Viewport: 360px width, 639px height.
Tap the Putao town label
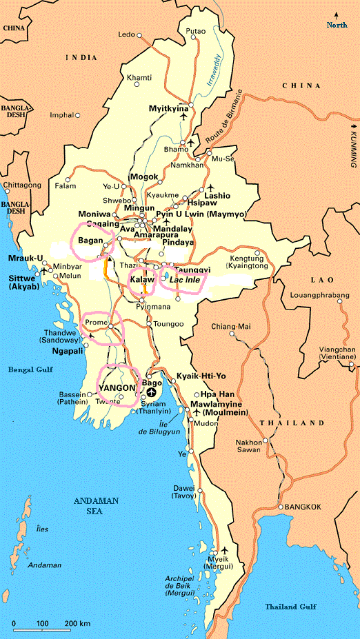click(197, 31)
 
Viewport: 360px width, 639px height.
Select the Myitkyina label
click(169, 109)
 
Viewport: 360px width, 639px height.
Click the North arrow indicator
click(337, 21)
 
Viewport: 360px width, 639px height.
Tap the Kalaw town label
click(142, 281)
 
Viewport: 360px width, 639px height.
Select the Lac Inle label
click(181, 281)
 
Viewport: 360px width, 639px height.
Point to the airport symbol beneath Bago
click(152, 393)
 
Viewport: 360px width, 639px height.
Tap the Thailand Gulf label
click(291, 606)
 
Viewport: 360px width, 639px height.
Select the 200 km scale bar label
click(79, 624)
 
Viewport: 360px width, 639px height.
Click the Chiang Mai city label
click(232, 325)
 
